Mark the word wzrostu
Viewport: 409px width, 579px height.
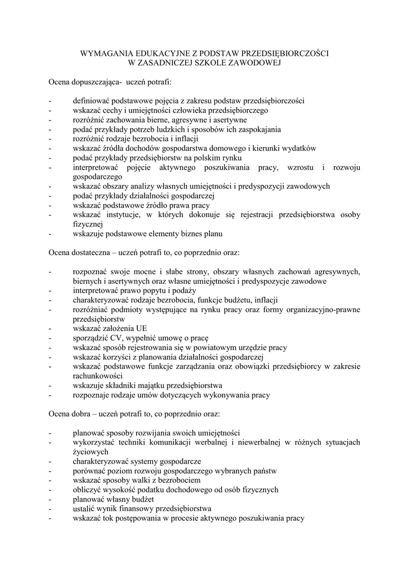tap(303, 167)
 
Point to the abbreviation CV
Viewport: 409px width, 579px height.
tap(110, 338)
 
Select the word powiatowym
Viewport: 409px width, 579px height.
tap(217, 348)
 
